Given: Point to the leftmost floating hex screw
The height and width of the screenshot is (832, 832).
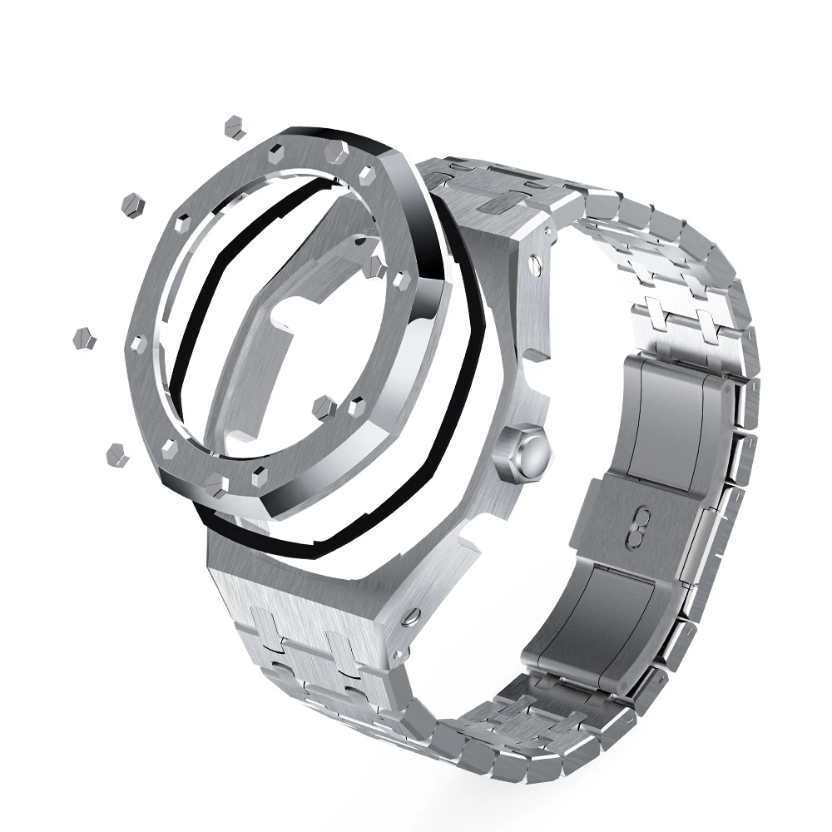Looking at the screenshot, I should (84, 338).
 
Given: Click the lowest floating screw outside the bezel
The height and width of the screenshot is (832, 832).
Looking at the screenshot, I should (116, 453).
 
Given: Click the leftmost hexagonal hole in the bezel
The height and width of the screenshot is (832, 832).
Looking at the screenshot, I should (138, 342).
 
